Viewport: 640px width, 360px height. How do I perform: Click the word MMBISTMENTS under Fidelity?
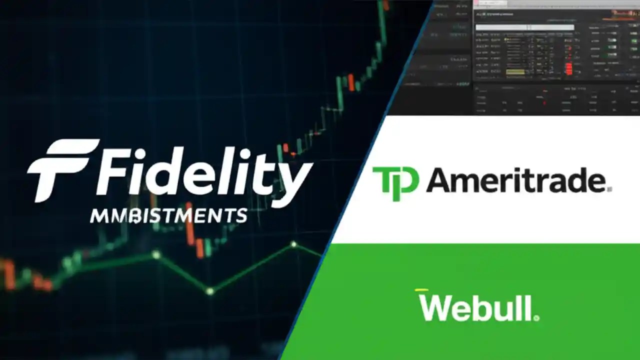[x=168, y=216]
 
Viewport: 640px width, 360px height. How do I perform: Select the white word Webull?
[x=475, y=307]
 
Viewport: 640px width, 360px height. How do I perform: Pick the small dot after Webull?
[x=536, y=317]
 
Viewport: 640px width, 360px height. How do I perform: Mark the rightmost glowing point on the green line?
[x=294, y=244]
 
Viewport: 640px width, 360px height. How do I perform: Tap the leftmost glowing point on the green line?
[x=156, y=255]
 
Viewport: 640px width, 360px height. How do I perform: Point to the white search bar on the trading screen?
[x=524, y=27]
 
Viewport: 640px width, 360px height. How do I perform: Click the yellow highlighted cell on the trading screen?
[x=515, y=72]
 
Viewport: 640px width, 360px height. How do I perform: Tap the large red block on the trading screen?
[x=568, y=68]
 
